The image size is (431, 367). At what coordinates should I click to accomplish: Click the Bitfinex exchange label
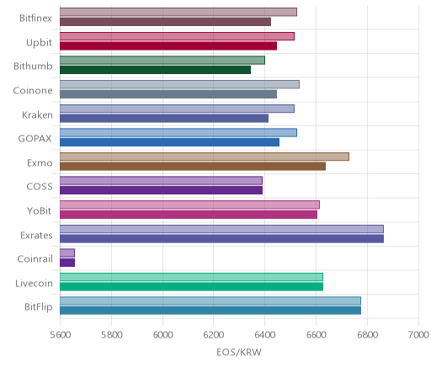click(x=35, y=19)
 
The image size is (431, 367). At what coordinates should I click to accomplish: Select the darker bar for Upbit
click(x=168, y=46)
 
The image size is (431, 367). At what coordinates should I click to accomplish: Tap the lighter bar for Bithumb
click(x=162, y=61)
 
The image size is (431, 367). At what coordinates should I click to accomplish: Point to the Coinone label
click(x=33, y=91)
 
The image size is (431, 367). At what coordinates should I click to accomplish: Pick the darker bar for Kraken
click(x=164, y=119)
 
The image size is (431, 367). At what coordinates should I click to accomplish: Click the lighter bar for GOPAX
click(x=178, y=133)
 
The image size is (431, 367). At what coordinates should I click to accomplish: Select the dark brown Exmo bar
click(x=193, y=167)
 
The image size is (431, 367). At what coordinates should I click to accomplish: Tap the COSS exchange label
click(x=40, y=187)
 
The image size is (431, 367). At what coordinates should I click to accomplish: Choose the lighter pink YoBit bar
click(x=189, y=205)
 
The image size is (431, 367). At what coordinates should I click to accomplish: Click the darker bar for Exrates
click(x=221, y=239)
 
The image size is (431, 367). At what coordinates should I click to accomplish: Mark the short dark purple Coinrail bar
click(x=67, y=263)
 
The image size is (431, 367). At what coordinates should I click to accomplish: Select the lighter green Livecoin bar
click(x=191, y=277)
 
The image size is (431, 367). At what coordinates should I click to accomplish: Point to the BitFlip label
click(x=39, y=307)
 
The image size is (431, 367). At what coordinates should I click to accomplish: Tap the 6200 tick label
click(x=214, y=335)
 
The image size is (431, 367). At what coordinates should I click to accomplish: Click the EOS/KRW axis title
click(x=239, y=352)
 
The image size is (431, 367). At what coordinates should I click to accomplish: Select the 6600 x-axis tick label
click(x=317, y=335)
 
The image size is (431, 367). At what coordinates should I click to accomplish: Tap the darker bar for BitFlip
click(x=210, y=311)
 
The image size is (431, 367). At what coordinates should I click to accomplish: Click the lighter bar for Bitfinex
click(x=178, y=12)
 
